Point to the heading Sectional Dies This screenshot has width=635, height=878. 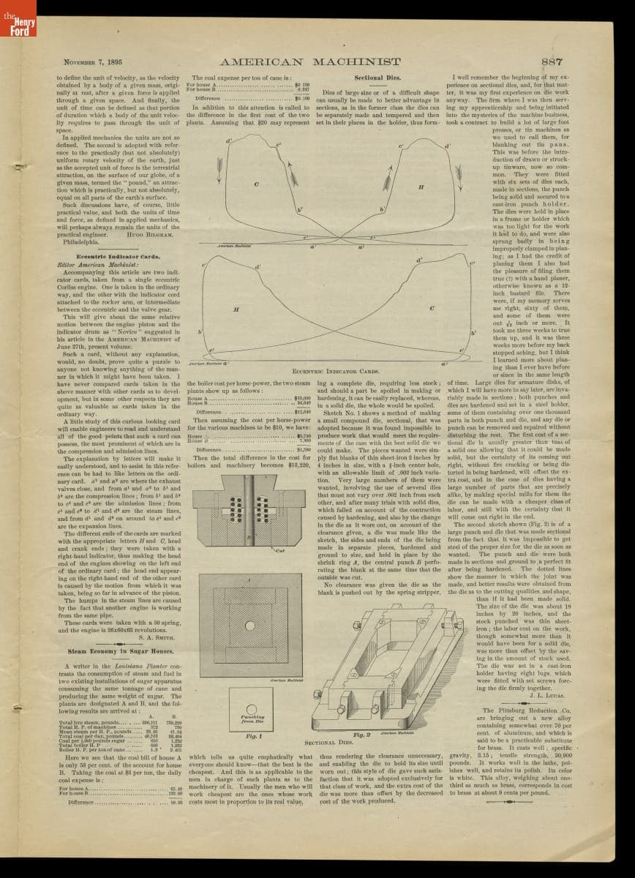375,77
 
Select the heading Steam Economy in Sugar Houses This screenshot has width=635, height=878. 121,650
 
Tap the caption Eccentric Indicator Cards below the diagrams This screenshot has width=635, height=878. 325,372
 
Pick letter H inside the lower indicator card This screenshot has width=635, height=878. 236,309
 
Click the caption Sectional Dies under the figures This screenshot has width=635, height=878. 319,742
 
